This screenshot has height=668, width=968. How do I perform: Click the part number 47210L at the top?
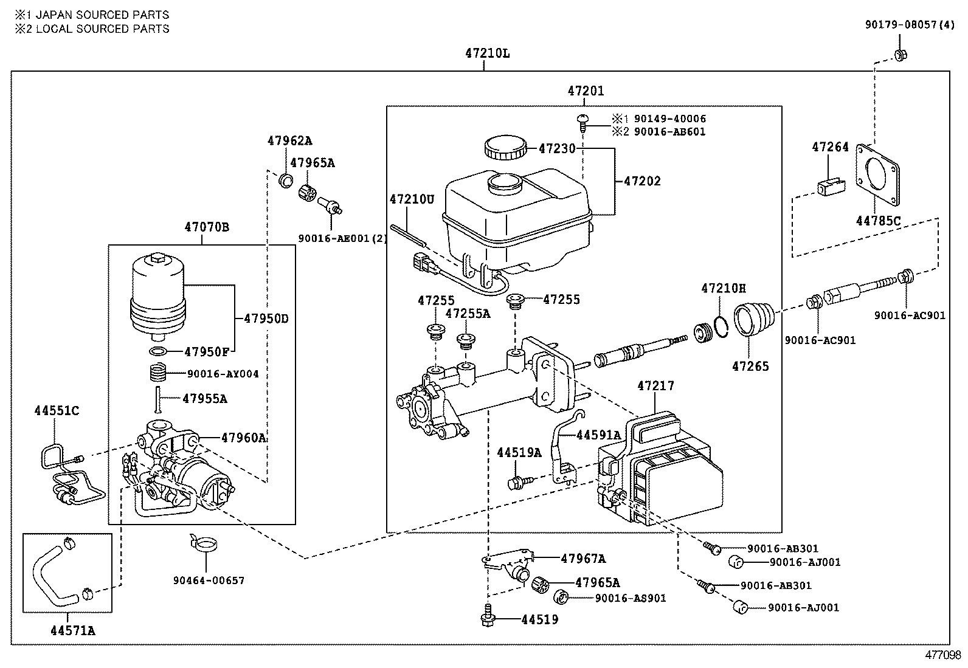tap(487, 53)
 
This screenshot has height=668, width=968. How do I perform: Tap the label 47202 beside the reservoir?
tap(642, 181)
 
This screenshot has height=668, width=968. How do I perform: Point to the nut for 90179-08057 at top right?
tap(901, 55)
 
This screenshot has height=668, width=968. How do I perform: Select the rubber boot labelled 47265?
tap(755, 320)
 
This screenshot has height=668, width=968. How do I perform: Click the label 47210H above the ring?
tap(723, 288)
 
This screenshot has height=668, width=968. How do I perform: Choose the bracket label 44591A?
tap(598, 435)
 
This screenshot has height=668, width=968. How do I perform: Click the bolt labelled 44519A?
tap(516, 483)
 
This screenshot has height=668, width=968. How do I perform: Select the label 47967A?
tap(583, 559)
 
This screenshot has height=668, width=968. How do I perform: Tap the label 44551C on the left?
tap(56, 411)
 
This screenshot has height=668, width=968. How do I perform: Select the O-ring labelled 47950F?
tap(159, 352)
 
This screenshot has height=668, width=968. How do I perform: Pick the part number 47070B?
tap(207, 227)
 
